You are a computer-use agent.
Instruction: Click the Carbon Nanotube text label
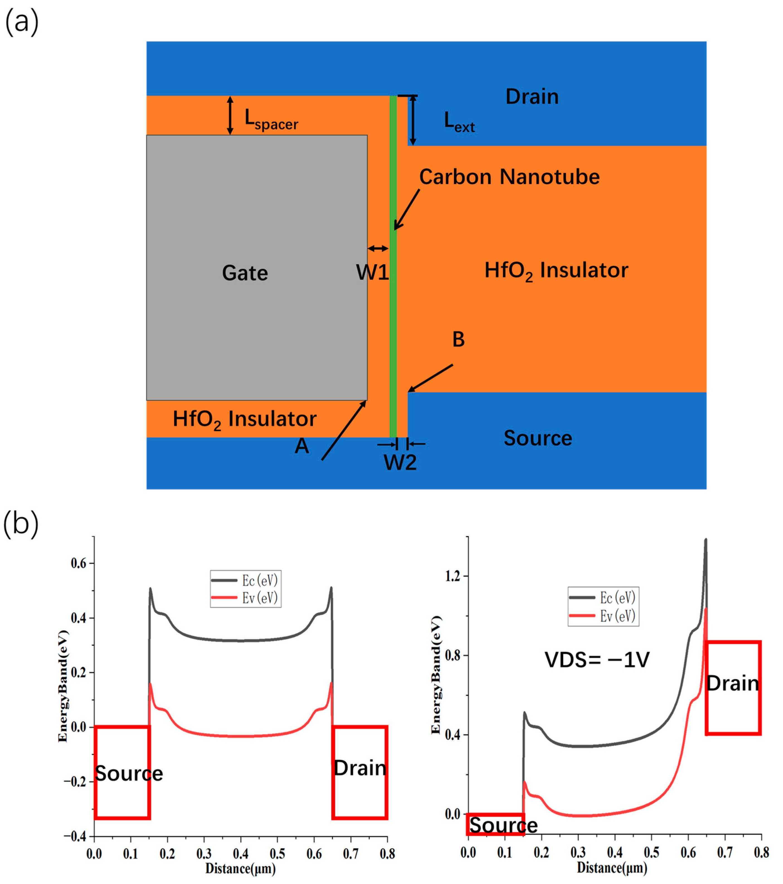[509, 177]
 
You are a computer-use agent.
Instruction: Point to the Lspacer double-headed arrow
[230, 115]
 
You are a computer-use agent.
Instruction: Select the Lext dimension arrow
[413, 120]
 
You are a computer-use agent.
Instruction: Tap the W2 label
[400, 463]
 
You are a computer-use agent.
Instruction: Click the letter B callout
[458, 339]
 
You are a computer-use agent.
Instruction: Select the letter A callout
[302, 445]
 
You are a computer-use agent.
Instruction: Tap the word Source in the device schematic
[538, 438]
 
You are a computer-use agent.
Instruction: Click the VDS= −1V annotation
[597, 660]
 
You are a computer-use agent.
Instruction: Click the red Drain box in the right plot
[733, 688]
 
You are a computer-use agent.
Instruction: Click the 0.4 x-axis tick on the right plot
[615, 852]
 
